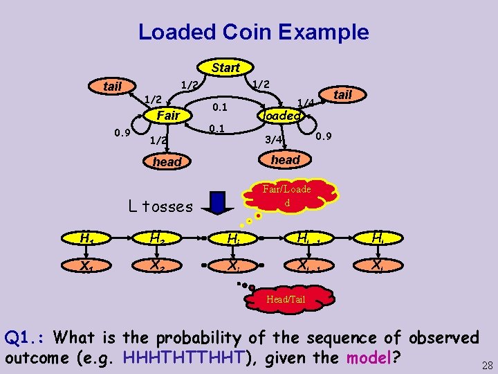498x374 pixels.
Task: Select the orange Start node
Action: tap(225, 67)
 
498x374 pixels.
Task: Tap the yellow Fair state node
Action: tap(168, 116)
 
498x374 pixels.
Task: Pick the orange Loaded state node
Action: tap(281, 116)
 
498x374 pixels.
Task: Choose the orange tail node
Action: tap(342, 94)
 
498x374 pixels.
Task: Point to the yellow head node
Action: tap(167, 161)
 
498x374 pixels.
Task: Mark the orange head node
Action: tap(285, 159)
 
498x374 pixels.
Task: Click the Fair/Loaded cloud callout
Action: tap(287, 195)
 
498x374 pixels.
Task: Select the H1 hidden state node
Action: tap(86, 240)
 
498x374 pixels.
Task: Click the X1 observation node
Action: tap(86, 265)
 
